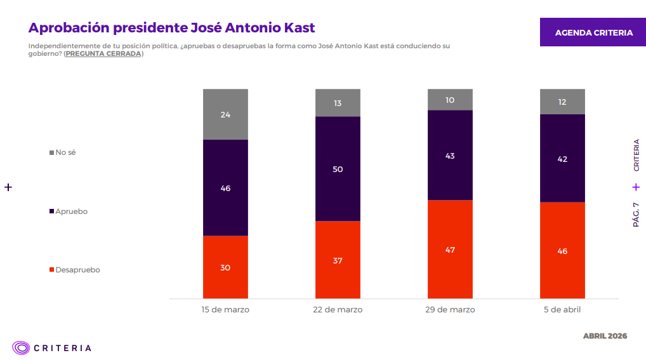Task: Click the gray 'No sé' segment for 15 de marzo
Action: (225, 114)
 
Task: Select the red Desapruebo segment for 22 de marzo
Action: (338, 260)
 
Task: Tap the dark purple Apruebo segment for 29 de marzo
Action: (450, 156)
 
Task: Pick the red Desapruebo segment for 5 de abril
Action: (562, 250)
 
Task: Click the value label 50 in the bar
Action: (338, 169)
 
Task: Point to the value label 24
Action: (225, 115)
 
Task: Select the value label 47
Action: (450, 250)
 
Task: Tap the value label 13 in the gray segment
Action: (338, 103)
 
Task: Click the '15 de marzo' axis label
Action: (225, 310)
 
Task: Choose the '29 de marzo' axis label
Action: (450, 310)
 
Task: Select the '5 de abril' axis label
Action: (562, 310)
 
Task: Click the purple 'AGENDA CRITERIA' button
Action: (593, 32)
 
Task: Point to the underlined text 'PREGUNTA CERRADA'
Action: (103, 54)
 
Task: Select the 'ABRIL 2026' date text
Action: (604, 336)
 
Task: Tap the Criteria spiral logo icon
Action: (21, 347)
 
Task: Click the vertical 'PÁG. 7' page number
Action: (636, 215)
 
